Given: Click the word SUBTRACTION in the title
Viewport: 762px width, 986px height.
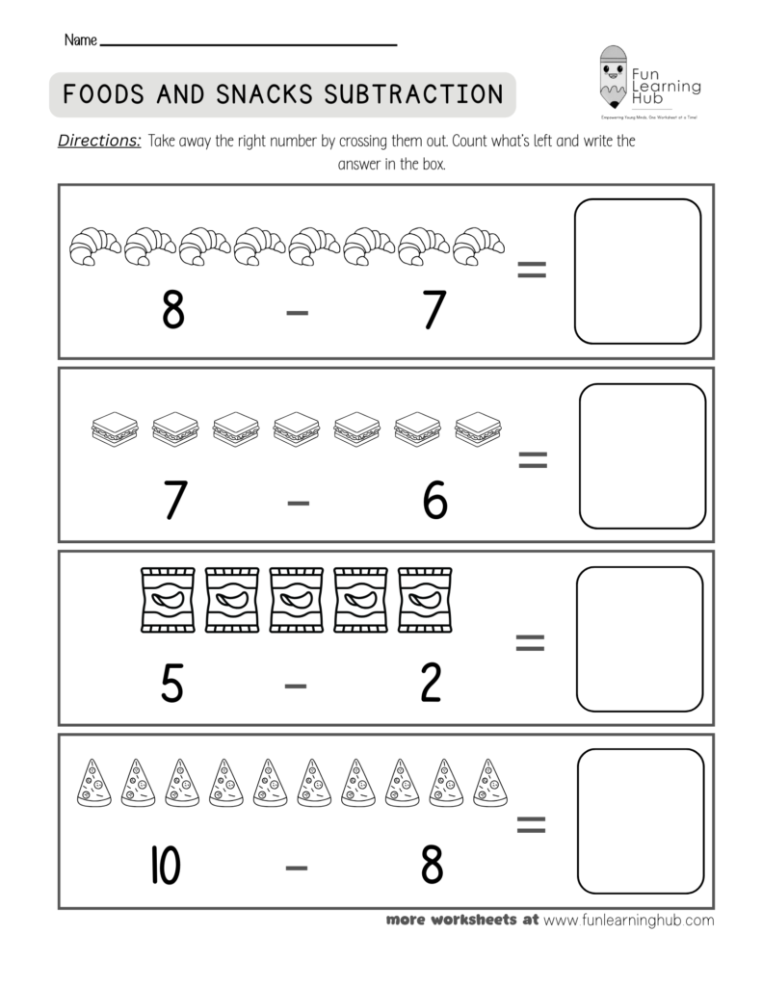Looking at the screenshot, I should coord(413,93).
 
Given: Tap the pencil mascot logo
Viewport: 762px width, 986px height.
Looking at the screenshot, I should coord(611,76).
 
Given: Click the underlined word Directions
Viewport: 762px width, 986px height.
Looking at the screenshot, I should coord(100,141).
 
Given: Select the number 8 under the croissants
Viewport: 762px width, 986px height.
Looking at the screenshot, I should coord(172,310).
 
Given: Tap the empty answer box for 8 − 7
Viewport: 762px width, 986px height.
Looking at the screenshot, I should coord(637,271).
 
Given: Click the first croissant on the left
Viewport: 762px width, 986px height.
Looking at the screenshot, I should coord(94,245).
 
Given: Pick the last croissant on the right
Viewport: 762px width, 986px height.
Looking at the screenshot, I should coord(479,245).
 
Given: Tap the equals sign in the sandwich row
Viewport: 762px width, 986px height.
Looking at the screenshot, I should coord(532,461).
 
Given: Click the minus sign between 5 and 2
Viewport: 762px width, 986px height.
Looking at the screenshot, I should coord(296,685).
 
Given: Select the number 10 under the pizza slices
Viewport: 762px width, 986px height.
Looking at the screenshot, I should coord(167,865).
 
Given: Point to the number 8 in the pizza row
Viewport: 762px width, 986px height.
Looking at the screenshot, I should coord(433,865).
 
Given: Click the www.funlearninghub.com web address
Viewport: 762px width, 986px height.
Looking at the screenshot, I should coord(628,920).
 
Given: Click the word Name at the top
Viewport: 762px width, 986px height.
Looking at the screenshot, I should coord(81,41).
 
